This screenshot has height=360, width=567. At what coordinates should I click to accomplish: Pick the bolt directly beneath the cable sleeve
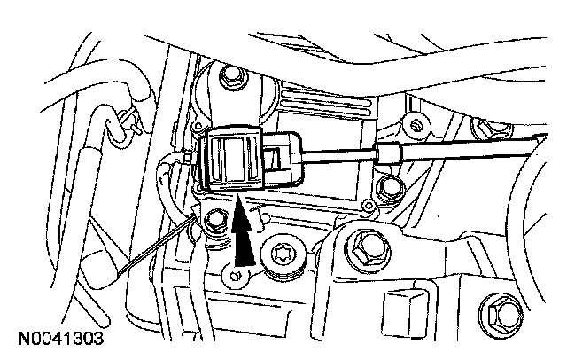click(x=386, y=186)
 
